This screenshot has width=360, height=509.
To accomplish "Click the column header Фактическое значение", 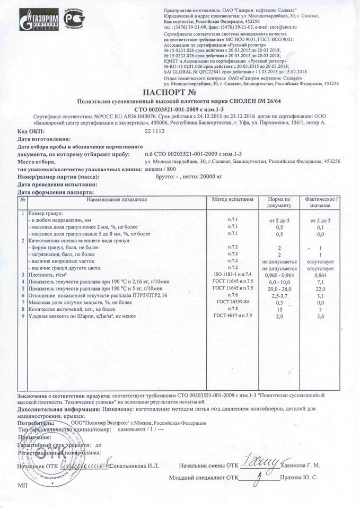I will click(x=320, y=202).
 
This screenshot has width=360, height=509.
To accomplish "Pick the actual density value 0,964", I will click(x=320, y=275).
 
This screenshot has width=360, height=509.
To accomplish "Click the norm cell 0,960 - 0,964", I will click(x=279, y=275).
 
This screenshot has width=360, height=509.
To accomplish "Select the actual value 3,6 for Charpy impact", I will click(x=320, y=316).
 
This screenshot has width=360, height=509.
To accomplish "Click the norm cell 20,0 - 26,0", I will click(x=279, y=288).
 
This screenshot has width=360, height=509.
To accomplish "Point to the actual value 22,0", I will click(x=320, y=288).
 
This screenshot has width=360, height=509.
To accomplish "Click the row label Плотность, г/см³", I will click(x=47, y=275).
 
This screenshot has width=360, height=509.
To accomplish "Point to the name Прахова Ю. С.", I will click(x=300, y=478).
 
